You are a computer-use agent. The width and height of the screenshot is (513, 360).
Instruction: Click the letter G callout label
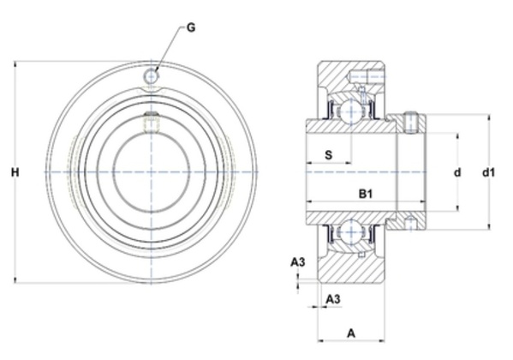click(191, 27)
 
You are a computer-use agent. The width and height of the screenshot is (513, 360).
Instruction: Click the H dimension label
click(15, 172)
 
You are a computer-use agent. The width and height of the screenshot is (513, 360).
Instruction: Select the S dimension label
click(329, 154)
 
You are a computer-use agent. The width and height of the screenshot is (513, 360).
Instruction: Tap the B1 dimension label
click(366, 195)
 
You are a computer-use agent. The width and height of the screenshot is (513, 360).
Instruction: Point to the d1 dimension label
click(489, 172)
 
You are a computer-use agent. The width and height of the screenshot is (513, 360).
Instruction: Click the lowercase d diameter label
click(457, 172)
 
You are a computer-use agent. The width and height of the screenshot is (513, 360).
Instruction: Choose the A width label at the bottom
click(351, 333)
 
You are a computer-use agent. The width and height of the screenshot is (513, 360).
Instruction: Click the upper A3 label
click(298, 262)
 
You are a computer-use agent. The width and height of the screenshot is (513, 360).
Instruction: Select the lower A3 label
click(333, 299)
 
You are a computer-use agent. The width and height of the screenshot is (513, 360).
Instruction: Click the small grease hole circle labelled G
click(151, 76)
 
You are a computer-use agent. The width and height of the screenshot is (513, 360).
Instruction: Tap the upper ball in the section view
click(351, 111)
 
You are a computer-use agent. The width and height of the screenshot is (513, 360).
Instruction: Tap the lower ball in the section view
click(351, 232)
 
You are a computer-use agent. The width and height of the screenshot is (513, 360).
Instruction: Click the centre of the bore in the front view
click(151, 172)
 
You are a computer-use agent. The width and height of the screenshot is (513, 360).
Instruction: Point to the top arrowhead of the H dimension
click(15, 63)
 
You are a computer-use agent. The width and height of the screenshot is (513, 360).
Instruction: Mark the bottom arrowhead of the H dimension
click(15, 280)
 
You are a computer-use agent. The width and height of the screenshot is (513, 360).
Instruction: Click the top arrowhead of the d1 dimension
click(489, 117)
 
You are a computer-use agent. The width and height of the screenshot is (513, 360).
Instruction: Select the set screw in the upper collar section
click(410, 123)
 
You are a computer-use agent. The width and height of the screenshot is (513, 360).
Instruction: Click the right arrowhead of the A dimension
click(381, 341)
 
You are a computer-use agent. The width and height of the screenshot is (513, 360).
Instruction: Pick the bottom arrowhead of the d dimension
click(457, 208)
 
